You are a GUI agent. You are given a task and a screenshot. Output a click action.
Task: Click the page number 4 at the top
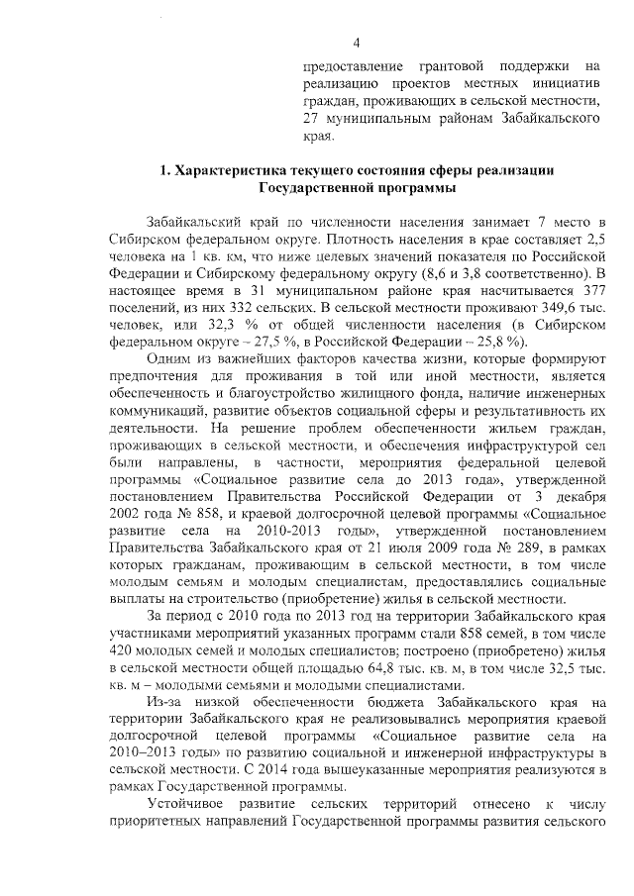356,41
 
